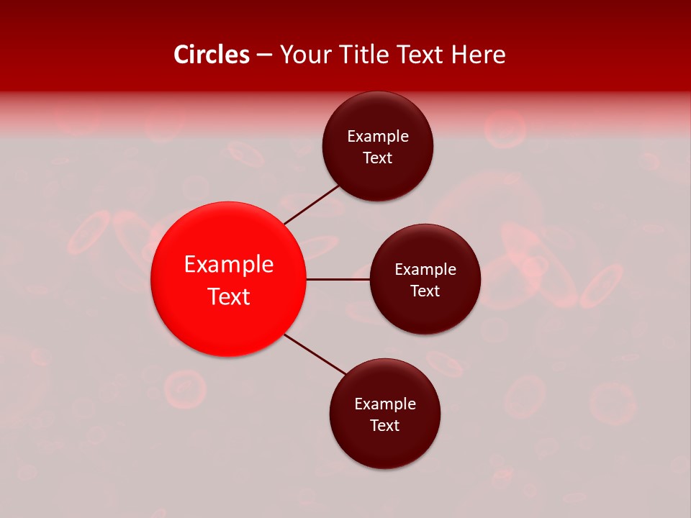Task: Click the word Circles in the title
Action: (212, 55)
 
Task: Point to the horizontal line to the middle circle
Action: (338, 279)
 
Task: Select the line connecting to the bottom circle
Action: (315, 354)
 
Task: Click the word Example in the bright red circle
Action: (229, 265)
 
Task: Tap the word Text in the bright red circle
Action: (229, 296)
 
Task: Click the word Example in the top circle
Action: (378, 137)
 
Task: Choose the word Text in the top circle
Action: (378, 158)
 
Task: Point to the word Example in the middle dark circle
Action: (425, 270)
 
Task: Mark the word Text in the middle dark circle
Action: (425, 291)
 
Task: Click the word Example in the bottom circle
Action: (385, 404)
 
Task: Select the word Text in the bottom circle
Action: (385, 426)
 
